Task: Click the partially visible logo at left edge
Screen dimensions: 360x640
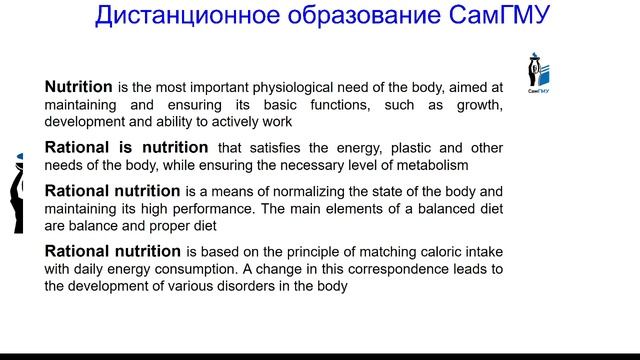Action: click(17, 194)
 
